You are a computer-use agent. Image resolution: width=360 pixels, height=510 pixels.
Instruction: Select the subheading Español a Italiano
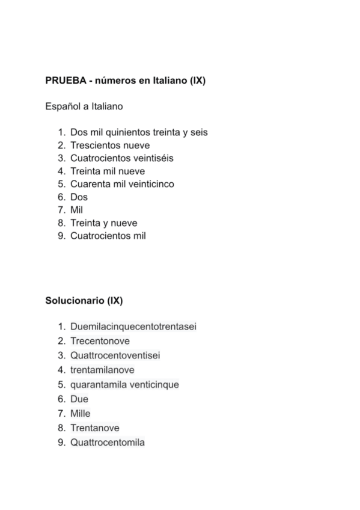tap(84, 106)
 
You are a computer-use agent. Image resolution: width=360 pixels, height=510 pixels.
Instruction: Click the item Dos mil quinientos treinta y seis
tap(138, 132)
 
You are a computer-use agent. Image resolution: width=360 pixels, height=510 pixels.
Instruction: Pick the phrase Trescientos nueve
tap(110, 146)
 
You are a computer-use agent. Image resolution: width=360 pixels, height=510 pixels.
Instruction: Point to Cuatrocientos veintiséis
tap(122, 158)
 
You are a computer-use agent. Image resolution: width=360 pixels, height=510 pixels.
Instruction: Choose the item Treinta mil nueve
tap(108, 171)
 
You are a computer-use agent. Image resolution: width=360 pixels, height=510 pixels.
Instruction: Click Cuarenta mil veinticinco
tap(122, 184)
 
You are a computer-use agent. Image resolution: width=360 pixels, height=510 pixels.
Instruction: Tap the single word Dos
tap(79, 197)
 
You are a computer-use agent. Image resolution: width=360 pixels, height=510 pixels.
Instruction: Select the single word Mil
tap(76, 210)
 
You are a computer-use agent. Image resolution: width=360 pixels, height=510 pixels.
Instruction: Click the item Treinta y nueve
tap(104, 223)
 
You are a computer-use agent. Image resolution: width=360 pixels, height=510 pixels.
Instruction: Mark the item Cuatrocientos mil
tap(108, 236)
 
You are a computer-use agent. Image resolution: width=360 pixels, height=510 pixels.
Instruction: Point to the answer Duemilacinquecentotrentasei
tap(133, 327)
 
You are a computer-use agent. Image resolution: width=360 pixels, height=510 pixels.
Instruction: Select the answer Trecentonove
tap(100, 341)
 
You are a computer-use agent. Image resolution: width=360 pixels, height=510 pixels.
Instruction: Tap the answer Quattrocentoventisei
tap(115, 355)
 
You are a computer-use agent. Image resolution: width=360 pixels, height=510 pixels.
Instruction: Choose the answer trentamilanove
tap(102, 370)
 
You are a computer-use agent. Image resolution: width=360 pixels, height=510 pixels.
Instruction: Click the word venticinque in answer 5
tap(154, 384)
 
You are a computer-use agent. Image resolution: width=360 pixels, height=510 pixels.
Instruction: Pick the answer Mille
tap(81, 414)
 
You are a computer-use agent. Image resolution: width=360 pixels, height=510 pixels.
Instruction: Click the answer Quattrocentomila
tap(108, 443)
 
